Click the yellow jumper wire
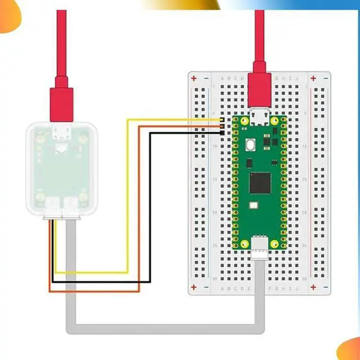point(128,197)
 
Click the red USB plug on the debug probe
point(62,101)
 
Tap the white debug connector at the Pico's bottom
point(259,245)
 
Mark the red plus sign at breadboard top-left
point(194,78)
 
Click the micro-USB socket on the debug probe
point(61,136)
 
